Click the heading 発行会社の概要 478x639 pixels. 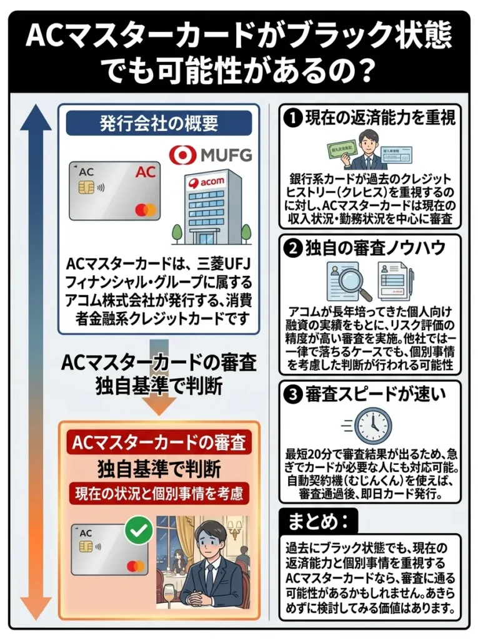pos(159,123)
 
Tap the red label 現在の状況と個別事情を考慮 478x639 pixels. pos(159,493)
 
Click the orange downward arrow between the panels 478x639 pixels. pos(159,404)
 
